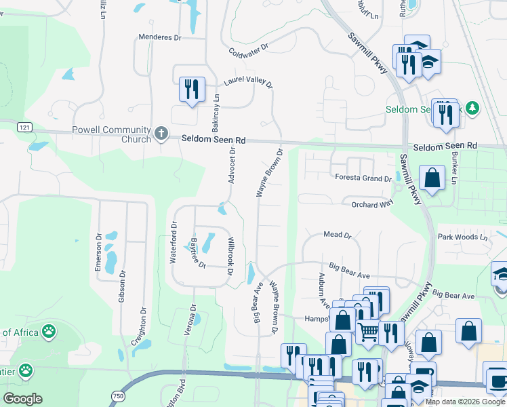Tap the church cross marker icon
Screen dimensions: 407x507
[x=161, y=133]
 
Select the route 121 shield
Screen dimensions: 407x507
[x=24, y=128]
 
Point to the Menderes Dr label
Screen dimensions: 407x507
[x=159, y=38]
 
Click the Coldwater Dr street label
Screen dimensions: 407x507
[x=249, y=50]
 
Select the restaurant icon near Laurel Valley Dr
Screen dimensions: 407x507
[x=191, y=89]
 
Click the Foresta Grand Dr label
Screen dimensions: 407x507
[x=363, y=178]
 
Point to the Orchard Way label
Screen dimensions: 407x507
[x=372, y=203]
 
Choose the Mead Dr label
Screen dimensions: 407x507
[x=338, y=235]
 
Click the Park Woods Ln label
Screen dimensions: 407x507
[x=462, y=237]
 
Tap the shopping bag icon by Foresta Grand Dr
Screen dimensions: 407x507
[x=432, y=178]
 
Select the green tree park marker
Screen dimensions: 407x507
[x=472, y=108]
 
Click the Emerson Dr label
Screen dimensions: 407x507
[x=98, y=256]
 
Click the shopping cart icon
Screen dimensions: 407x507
[x=368, y=332]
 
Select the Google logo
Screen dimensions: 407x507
[x=22, y=399]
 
